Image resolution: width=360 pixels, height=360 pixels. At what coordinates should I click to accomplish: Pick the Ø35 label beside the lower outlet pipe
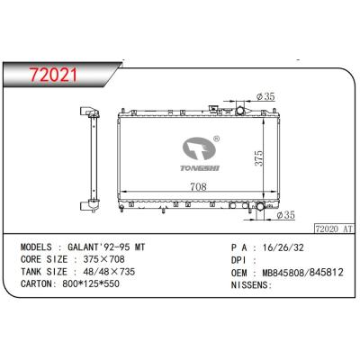coord(286,215)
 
